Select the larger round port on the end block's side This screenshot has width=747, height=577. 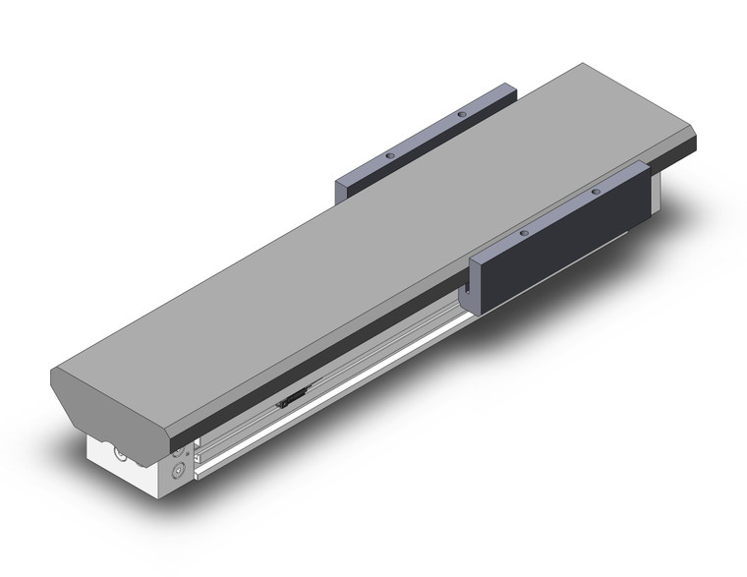178,471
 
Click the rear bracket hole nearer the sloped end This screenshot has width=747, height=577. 390,156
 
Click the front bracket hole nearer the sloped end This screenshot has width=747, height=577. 524,233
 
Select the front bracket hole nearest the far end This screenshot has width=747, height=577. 596,191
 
